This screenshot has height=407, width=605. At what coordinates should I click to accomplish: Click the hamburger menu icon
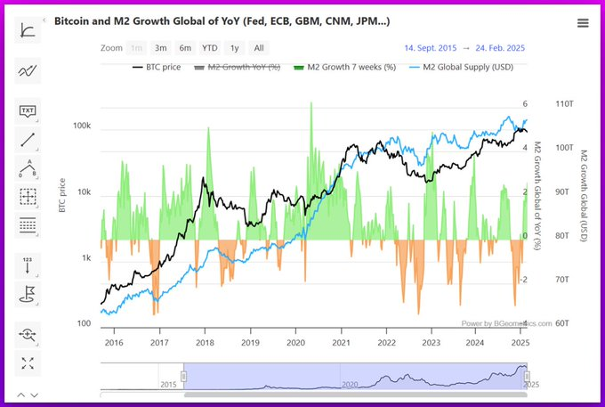click(583, 23)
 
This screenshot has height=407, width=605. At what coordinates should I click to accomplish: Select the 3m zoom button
click(160, 48)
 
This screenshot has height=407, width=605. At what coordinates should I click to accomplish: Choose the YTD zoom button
click(209, 48)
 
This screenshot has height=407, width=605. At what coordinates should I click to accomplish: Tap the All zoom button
click(258, 48)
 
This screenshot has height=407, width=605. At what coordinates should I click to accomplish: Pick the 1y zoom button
click(234, 48)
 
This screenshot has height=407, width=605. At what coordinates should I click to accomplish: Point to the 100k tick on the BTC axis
click(82, 126)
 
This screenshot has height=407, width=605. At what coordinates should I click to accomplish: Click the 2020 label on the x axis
click(295, 342)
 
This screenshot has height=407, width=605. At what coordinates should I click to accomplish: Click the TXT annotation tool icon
click(28, 110)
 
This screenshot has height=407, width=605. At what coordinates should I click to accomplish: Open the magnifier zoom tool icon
click(28, 334)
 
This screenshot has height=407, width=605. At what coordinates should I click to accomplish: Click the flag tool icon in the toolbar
click(28, 292)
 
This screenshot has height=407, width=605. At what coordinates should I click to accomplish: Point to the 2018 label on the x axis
click(205, 342)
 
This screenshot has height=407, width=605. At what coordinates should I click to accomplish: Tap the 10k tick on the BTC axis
click(85, 192)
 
